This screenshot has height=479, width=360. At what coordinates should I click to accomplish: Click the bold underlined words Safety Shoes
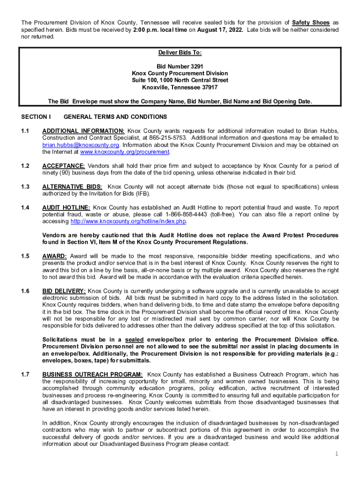pos(311,22)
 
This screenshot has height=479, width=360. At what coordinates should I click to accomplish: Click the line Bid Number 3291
pos(180,66)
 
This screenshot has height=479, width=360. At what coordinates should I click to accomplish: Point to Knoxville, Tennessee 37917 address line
pos(180,87)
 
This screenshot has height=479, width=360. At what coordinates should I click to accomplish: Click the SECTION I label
pos(36,116)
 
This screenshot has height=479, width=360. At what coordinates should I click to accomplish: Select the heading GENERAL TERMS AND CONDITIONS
pos(115,116)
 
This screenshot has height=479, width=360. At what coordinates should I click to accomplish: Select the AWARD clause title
pos(55,256)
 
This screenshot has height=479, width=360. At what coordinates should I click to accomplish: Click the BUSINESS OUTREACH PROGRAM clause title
pos(93,374)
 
